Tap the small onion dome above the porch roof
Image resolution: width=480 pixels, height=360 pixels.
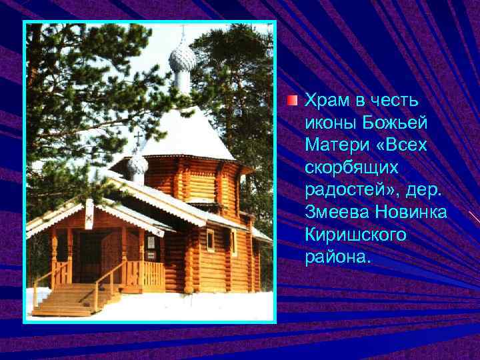137,163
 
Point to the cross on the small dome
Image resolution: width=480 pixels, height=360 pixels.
138,141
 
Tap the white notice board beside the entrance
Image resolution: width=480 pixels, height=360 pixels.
151,243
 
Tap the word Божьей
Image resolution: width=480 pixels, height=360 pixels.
397,123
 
